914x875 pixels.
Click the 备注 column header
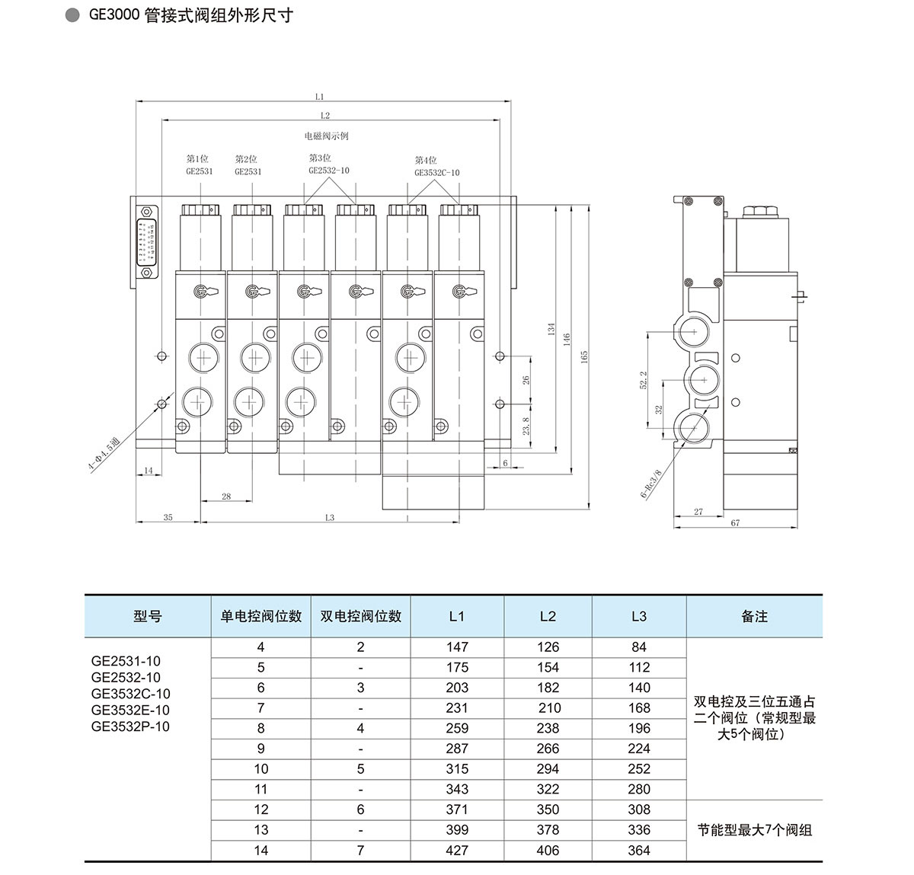(754, 617)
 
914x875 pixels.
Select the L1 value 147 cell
(457, 647)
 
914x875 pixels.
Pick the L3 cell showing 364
(638, 851)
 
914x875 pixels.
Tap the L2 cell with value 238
(548, 729)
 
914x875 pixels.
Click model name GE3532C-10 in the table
(130, 694)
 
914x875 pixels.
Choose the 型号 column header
(147, 617)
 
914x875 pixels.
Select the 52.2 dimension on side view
(644, 380)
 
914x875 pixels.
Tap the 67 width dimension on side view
(734, 523)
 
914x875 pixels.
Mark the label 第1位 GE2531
(199, 165)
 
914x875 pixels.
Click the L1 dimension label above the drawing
(319, 97)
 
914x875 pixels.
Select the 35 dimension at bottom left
(168, 517)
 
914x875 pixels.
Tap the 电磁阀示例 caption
(326, 136)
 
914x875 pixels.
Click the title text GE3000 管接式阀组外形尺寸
(190, 16)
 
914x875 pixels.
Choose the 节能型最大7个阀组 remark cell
(754, 830)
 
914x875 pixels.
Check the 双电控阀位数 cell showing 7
(360, 851)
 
